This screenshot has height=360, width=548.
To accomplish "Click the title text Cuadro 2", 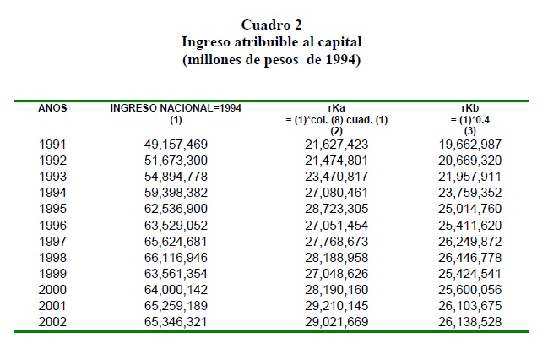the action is (272, 25).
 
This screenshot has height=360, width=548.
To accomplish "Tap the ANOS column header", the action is (52, 108).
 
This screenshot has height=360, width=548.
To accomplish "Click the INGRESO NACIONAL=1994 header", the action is (176, 108).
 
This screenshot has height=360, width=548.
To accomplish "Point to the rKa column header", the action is (337, 108).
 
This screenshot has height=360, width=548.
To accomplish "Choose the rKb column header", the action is (470, 108).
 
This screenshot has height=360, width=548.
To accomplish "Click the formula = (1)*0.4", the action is (470, 120).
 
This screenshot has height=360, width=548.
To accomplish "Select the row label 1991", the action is (52, 145).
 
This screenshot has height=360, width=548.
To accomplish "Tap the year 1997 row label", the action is (52, 242).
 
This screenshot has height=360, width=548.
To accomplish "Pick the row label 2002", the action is (52, 321).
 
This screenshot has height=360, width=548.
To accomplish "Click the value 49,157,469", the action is (176, 145).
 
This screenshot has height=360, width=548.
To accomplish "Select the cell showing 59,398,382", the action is (176, 193).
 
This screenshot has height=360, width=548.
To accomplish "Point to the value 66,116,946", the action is (176, 258).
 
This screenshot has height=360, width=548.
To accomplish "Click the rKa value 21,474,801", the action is (337, 161).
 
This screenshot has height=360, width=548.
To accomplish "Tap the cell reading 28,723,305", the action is (337, 209).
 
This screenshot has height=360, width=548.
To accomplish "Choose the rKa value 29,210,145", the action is (337, 306).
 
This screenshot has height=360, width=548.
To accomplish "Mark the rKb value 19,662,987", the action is (470, 145).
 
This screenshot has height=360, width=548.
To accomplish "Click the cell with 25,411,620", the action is (470, 226).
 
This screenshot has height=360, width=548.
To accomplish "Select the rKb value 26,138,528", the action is (470, 321).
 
